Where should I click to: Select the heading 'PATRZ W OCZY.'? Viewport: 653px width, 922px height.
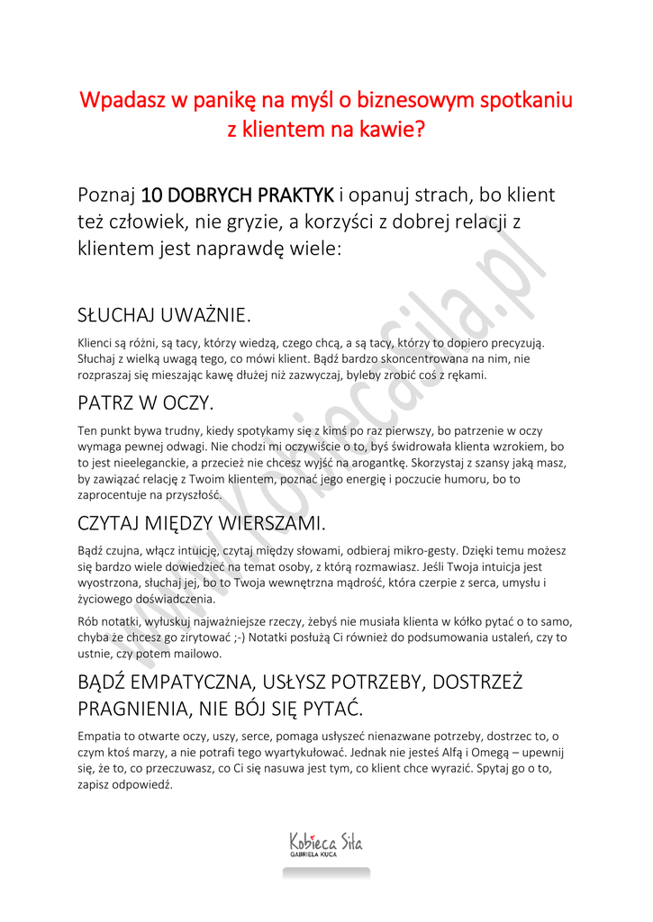[x=145, y=402]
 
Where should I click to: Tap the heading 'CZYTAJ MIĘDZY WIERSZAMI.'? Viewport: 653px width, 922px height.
[x=202, y=522]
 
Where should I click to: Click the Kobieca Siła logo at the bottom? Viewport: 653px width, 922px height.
[x=325, y=842]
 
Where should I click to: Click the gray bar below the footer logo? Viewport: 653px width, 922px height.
[x=326, y=872]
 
